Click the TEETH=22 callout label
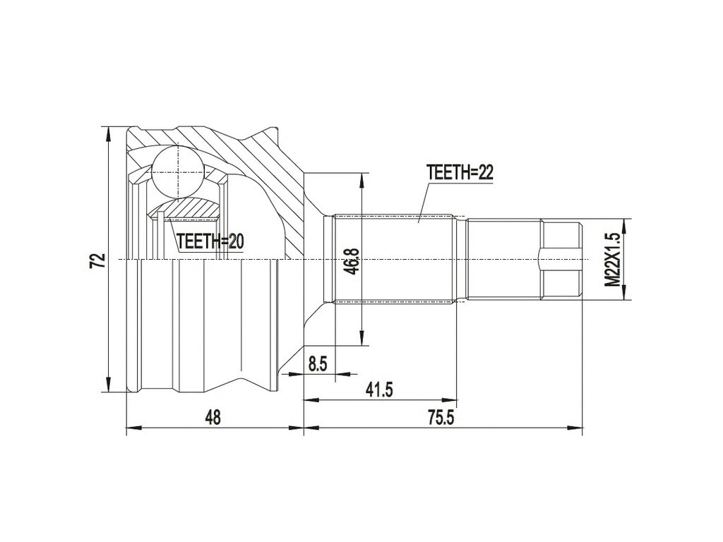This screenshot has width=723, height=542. point(459,173)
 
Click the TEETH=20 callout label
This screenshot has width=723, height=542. point(210,242)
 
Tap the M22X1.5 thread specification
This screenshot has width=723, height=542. point(613,260)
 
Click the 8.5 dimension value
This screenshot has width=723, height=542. point(318,363)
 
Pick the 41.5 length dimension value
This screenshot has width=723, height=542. point(378,389)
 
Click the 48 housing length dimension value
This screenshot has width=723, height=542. point(213,417)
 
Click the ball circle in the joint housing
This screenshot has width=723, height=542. point(177,171)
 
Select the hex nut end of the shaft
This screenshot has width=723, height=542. point(561,260)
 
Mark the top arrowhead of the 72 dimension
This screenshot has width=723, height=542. point(107,133)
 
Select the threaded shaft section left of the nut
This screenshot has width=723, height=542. point(503,260)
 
